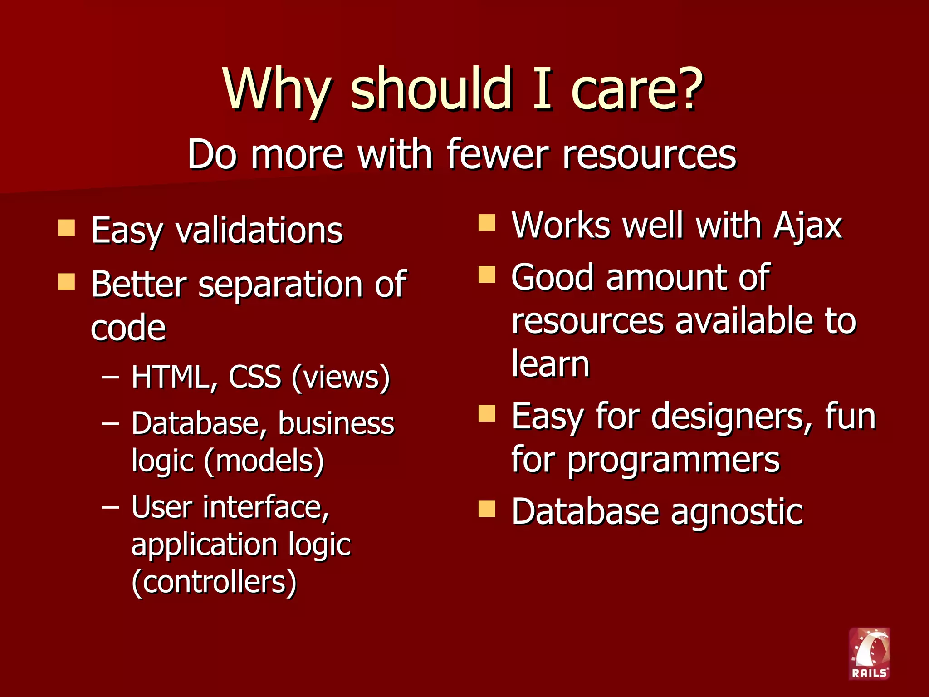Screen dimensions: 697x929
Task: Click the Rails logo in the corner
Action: click(x=869, y=653)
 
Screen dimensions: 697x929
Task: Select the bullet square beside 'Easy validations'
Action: click(x=66, y=228)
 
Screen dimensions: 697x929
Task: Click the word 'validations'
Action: click(x=259, y=230)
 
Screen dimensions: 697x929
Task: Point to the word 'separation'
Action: click(x=280, y=285)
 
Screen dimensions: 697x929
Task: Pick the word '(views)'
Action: click(x=341, y=377)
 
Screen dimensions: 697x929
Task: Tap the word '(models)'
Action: click(x=264, y=461)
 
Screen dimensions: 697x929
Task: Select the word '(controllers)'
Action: click(x=214, y=582)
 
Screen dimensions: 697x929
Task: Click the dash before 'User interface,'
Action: click(x=111, y=506)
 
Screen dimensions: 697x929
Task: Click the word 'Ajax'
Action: click(x=808, y=226)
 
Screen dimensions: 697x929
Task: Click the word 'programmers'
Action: click(x=673, y=460)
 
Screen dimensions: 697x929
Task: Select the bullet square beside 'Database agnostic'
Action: click(x=487, y=509)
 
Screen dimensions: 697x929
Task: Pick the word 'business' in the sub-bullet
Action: click(x=336, y=423)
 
